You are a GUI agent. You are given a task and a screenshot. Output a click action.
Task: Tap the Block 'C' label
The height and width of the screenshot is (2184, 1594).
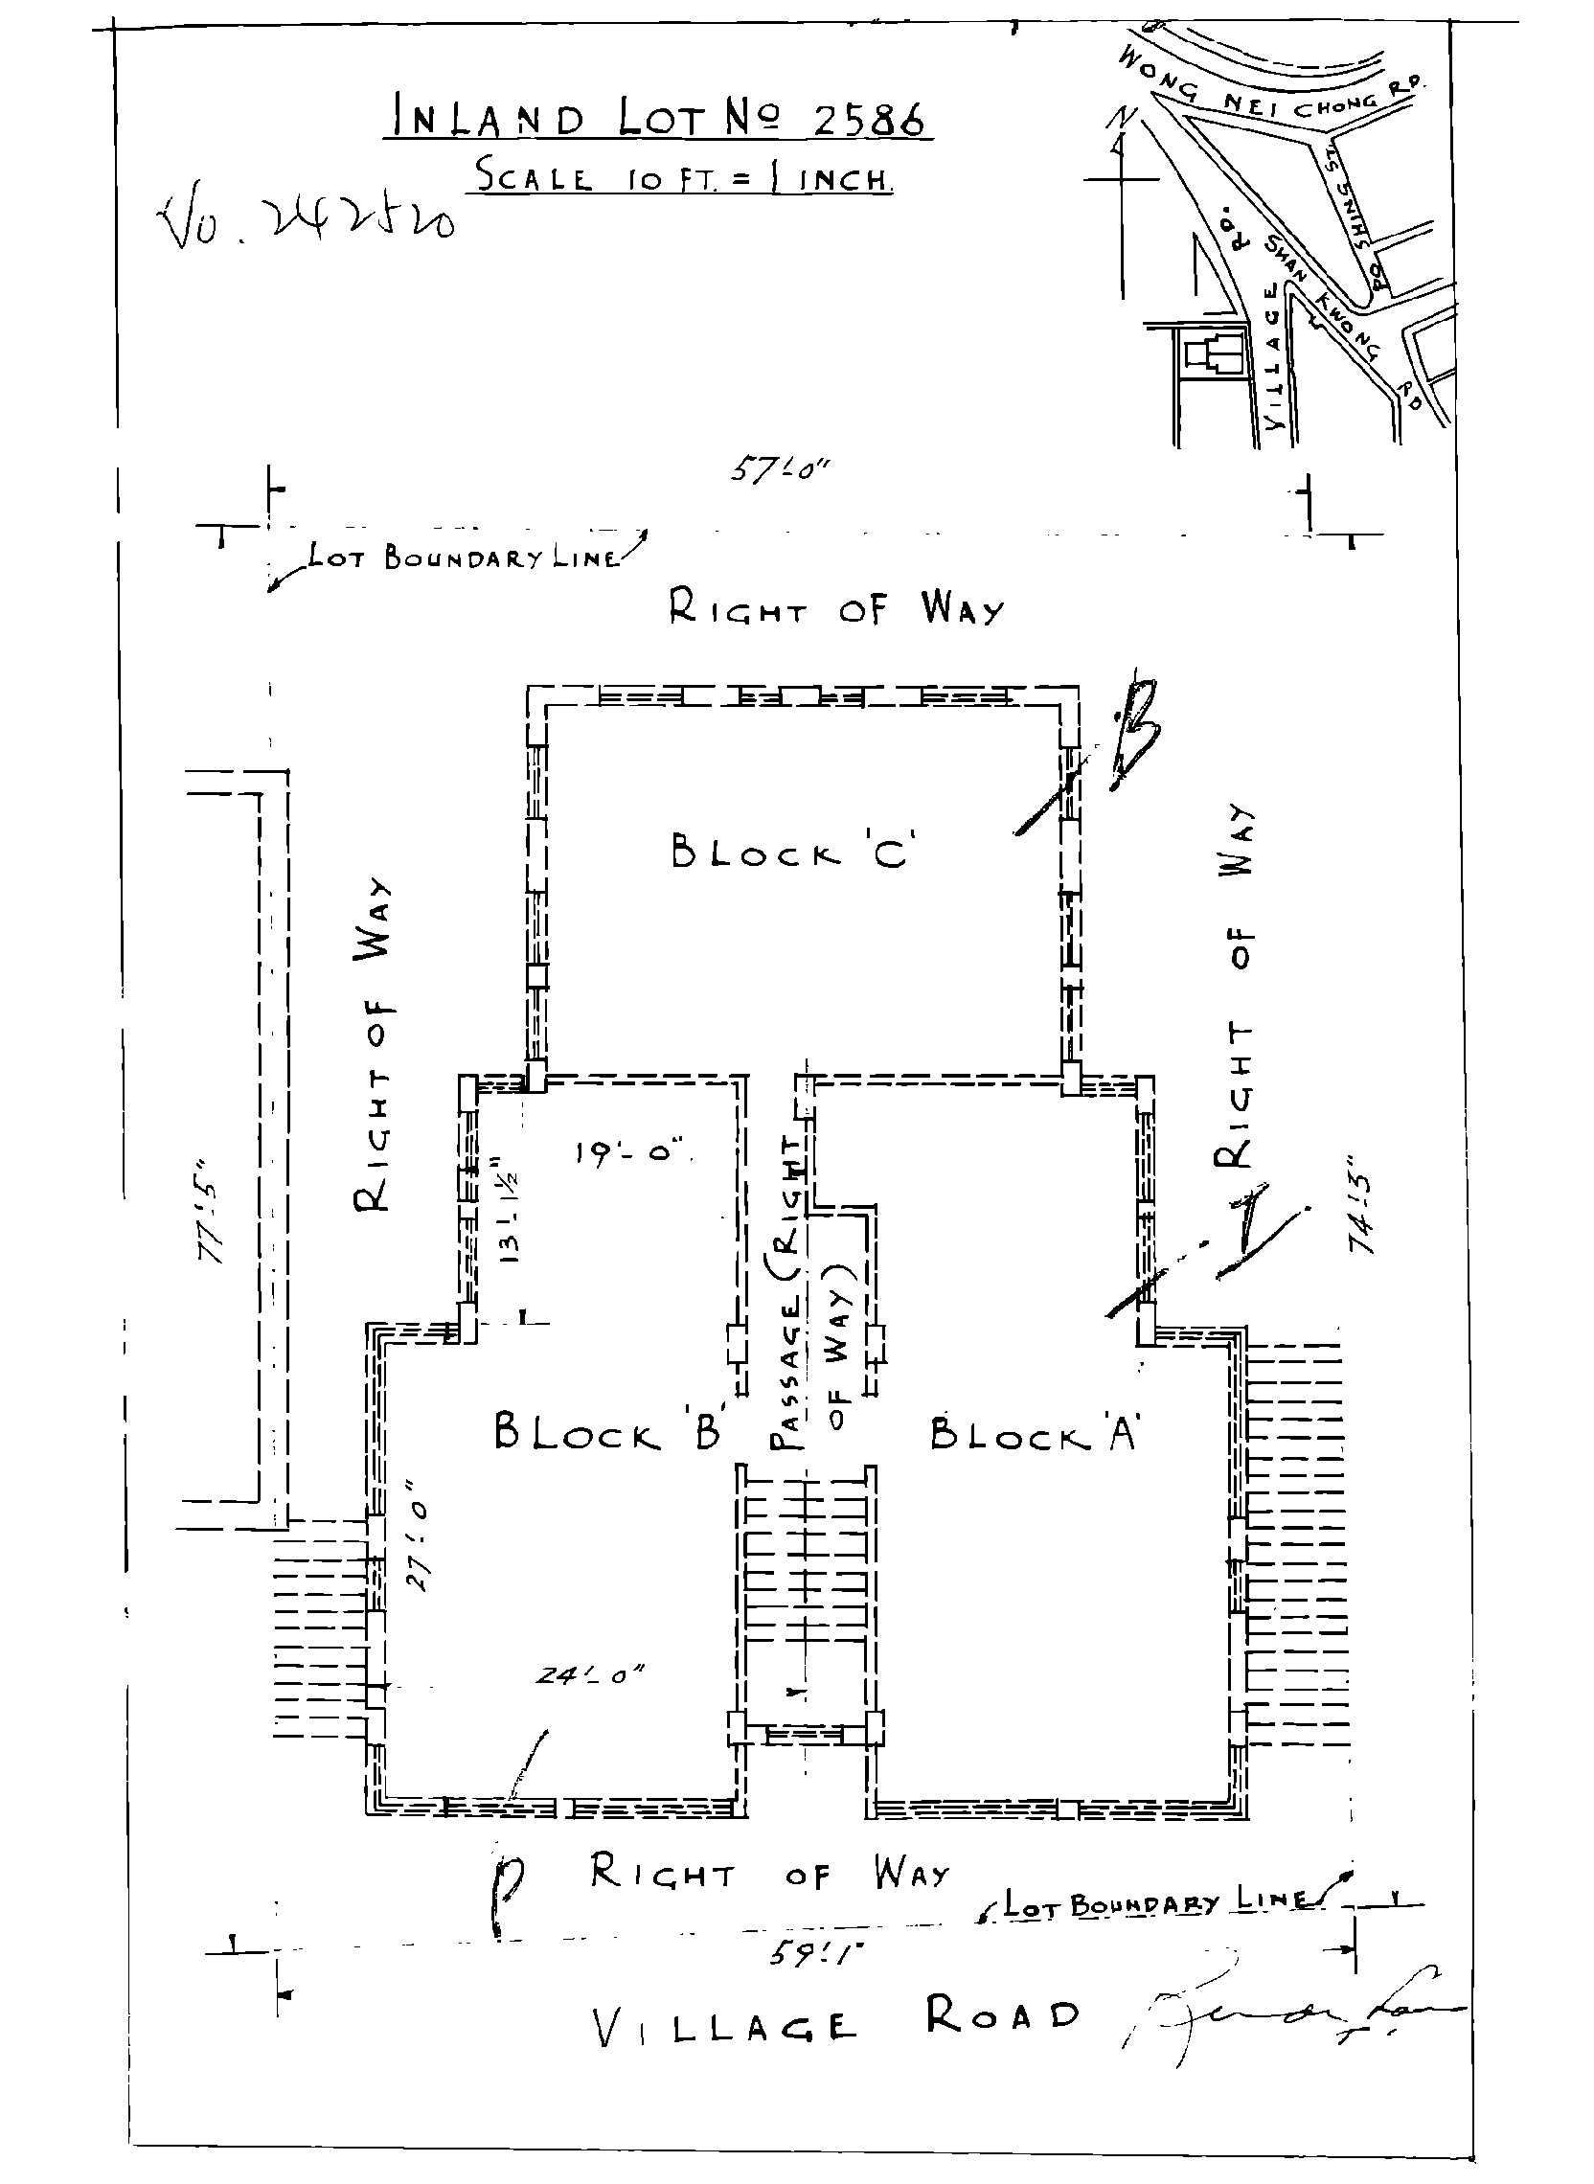pyautogui.click(x=789, y=851)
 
